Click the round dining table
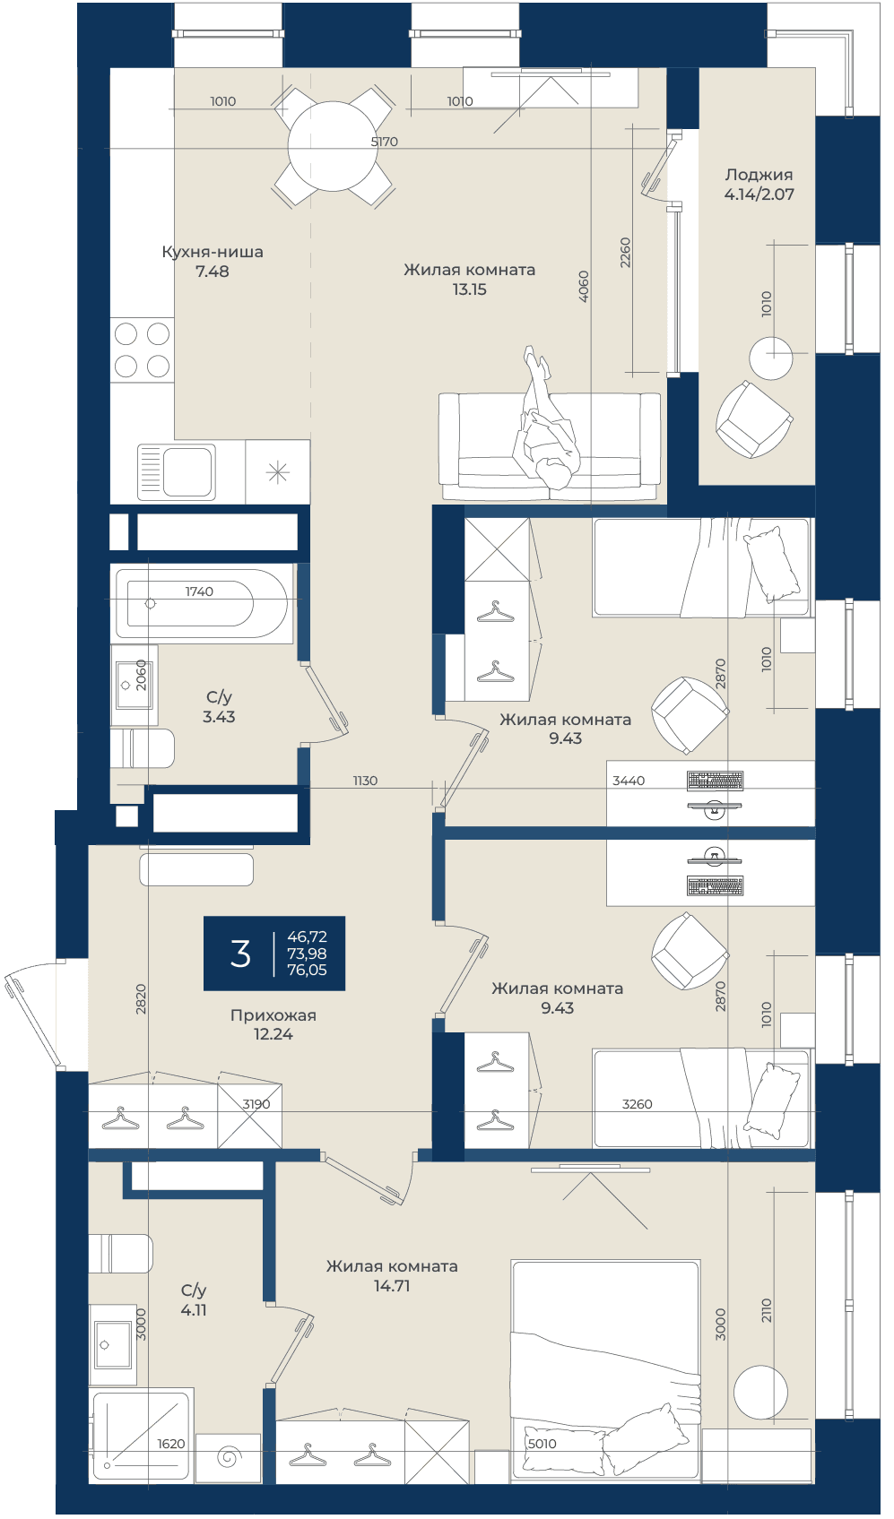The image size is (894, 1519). pos(333,146)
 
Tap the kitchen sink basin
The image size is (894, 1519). pos(187,471)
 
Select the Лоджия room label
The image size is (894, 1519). pos(759,175)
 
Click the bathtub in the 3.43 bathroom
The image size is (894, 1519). pos(202,603)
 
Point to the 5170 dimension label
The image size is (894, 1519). pos(384,142)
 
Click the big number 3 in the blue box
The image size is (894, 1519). pos(240,954)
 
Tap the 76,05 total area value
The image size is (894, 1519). pos(307,970)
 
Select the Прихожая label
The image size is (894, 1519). pos(273,1015)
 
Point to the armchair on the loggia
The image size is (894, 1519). pos(753,419)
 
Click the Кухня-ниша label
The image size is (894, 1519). pos(213,252)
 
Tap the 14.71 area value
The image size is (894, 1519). pos(392,1286)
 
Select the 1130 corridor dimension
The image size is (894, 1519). pos(365,781)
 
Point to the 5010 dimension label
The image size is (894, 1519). pos(542,1444)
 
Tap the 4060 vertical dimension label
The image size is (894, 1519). pos(584,286)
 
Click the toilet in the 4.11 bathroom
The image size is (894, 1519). pos(121,1253)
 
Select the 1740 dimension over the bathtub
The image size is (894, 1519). pos(199,591)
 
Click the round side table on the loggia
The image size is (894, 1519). pos(770,358)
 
